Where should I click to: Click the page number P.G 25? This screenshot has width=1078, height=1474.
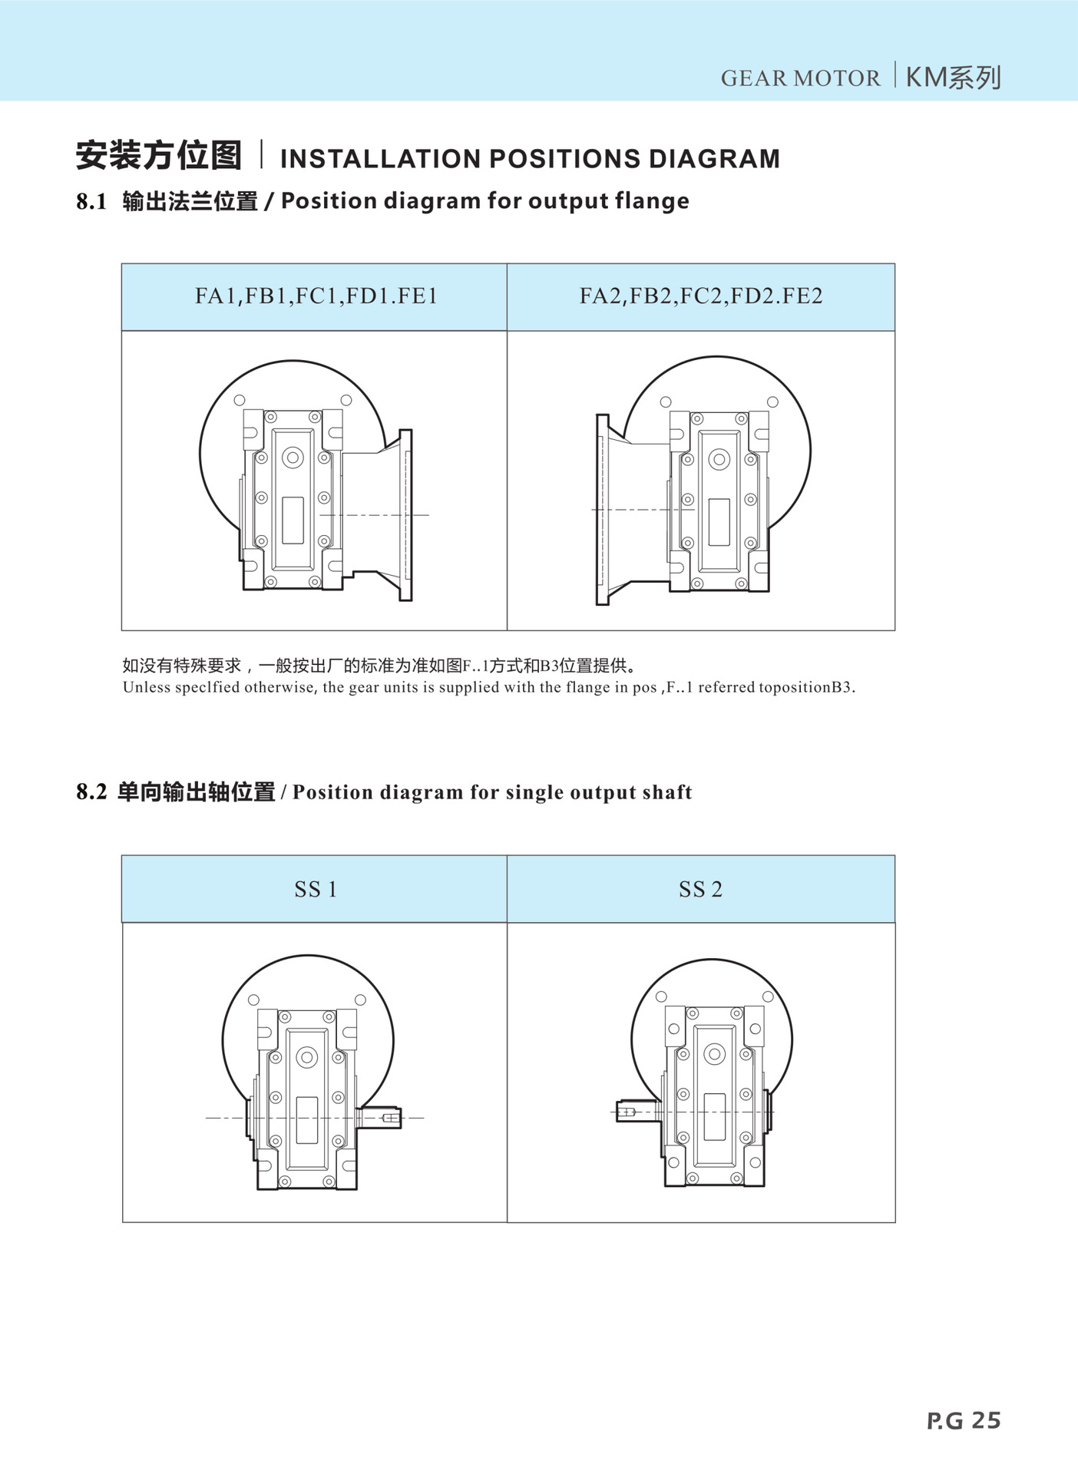(964, 1420)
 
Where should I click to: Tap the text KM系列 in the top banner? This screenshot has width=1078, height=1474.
(954, 78)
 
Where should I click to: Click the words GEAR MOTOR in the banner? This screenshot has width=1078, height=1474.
(800, 78)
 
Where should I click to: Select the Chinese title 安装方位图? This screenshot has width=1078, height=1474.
(159, 156)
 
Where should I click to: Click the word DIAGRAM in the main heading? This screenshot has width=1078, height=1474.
(714, 159)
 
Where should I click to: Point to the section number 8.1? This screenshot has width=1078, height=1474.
(91, 201)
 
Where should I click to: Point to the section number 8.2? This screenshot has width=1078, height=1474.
(91, 792)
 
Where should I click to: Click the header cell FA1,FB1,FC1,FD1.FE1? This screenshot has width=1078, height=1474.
(316, 296)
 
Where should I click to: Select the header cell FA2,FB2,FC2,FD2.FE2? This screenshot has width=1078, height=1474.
(701, 296)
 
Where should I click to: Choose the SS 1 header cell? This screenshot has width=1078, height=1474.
(316, 889)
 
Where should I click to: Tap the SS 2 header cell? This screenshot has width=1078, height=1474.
(701, 889)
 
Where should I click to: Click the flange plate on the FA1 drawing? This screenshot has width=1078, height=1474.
(406, 514)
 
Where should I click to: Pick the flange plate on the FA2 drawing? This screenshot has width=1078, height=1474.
(603, 510)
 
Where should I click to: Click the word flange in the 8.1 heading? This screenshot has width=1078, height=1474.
(650, 201)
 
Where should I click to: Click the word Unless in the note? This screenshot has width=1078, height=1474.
(146, 687)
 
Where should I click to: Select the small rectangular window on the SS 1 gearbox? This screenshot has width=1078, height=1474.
(307, 1120)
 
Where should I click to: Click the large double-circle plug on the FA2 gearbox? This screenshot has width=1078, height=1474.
(719, 460)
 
